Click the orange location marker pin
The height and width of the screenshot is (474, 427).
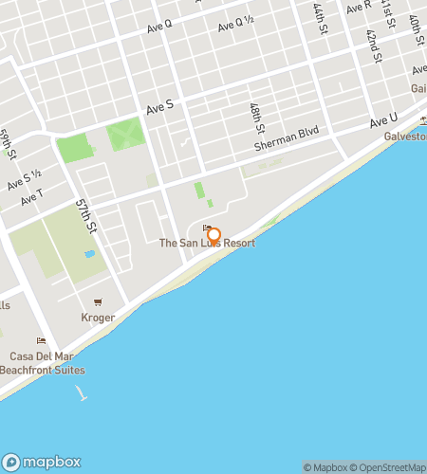[213, 234]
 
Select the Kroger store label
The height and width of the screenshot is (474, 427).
[98, 318]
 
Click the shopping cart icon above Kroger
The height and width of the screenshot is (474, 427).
[98, 304]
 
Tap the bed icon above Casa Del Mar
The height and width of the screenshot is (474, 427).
[41, 341]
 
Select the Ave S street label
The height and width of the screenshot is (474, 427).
[160, 110]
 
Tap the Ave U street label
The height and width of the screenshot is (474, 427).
[383, 120]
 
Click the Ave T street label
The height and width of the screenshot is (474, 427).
[31, 196]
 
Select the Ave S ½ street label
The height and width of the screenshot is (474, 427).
[25, 179]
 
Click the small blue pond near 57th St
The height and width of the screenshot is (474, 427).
[89, 254]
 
